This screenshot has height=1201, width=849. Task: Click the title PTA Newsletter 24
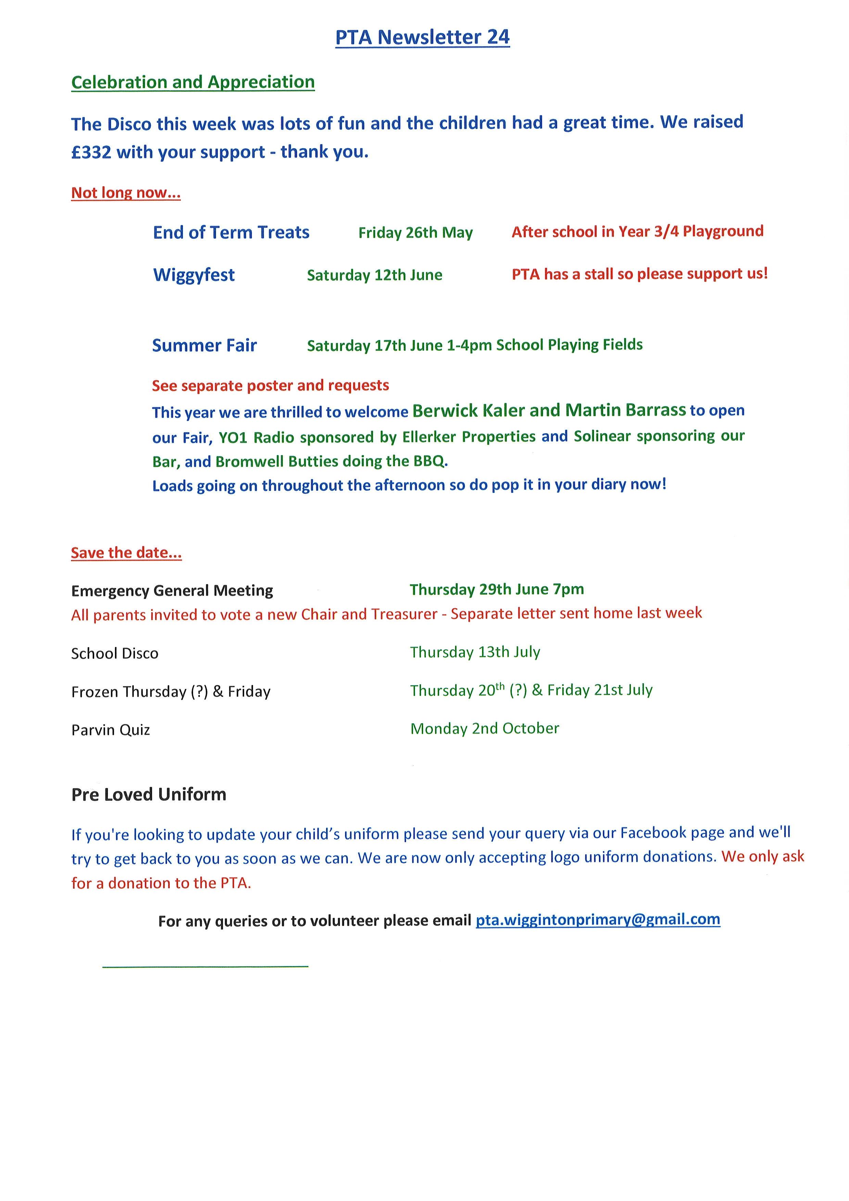click(x=422, y=37)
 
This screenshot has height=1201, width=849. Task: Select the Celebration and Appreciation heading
click(x=193, y=82)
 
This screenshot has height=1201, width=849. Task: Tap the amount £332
click(x=91, y=152)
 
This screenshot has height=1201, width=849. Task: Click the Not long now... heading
click(x=126, y=193)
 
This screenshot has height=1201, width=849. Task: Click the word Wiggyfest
click(x=194, y=275)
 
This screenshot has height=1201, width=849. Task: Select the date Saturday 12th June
click(x=374, y=275)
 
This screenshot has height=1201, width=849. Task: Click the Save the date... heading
click(x=127, y=553)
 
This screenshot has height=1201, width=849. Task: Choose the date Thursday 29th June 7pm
click(x=497, y=589)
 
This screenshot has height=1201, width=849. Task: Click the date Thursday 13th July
click(x=475, y=652)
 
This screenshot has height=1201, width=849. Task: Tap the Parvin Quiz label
click(x=111, y=730)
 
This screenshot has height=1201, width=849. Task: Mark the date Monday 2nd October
click(x=485, y=729)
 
